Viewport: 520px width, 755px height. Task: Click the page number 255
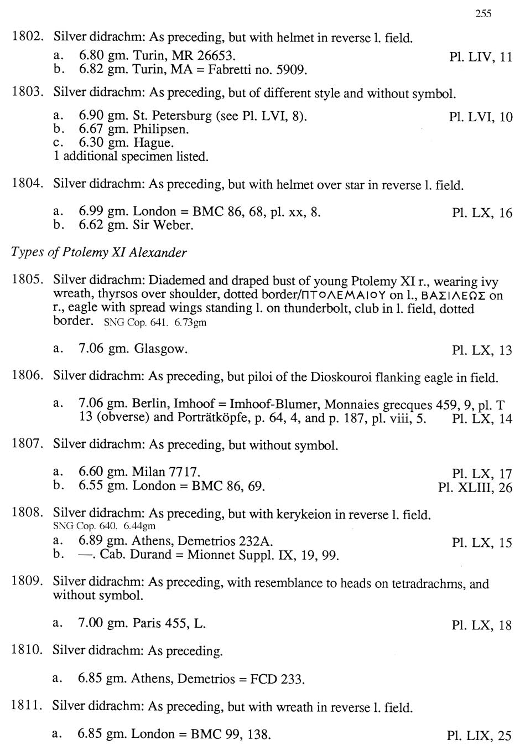[483, 14]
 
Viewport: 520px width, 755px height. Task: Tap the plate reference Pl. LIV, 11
[481, 57]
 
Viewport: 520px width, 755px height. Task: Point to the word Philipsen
[161, 130]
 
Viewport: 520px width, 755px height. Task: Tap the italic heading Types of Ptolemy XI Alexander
[99, 252]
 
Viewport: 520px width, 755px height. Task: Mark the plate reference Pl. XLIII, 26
[475, 488]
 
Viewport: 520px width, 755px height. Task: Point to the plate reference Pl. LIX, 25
[479, 736]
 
